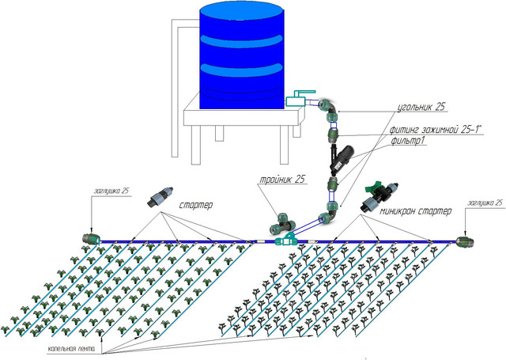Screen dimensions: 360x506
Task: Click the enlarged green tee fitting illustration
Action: point(283,218)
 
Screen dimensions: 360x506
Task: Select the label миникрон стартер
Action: point(414,211)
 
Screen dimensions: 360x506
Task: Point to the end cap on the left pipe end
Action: point(92,237)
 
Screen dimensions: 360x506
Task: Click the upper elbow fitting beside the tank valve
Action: point(330,108)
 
